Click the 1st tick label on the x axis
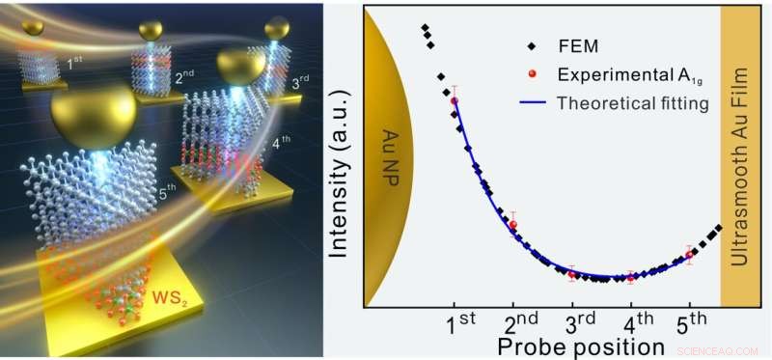pyautogui.click(x=462, y=321)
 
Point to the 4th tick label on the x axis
pyautogui.click(x=637, y=321)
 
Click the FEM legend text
pyautogui.click(x=576, y=45)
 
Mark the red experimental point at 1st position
pyautogui.click(x=455, y=99)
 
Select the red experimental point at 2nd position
pyautogui.click(x=513, y=225)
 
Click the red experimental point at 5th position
pyautogui.click(x=689, y=255)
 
